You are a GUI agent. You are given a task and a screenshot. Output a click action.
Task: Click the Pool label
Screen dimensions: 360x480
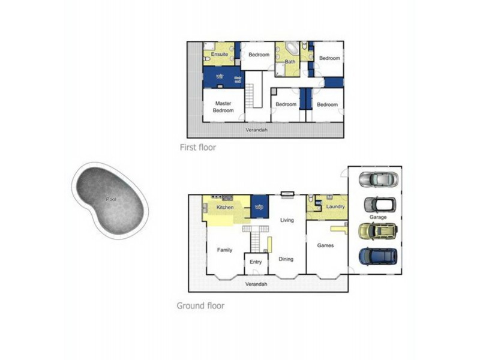coord(111,199)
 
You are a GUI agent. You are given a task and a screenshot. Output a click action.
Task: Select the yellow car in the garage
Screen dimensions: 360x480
coord(377,230)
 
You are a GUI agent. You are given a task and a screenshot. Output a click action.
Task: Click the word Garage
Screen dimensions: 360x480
coord(378,217)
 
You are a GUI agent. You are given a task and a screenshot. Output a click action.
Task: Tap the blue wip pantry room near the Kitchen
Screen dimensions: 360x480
coord(259,206)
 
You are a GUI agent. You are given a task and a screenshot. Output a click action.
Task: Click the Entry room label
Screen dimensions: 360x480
coord(256,262)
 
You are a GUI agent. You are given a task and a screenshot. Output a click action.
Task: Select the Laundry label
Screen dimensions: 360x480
coord(335,207)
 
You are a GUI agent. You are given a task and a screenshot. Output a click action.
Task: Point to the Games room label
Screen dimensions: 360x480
coord(325,245)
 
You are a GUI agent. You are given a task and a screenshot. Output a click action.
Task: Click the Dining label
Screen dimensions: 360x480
coord(286,259)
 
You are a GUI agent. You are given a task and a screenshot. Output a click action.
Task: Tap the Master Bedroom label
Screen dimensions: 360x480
coord(224,107)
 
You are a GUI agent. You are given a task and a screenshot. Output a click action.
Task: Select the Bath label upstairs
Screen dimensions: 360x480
coord(290,61)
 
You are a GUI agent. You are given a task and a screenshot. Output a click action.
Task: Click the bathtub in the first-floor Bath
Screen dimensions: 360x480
coord(291,49)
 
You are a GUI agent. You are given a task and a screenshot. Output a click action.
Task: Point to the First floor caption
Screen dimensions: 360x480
coord(197,147)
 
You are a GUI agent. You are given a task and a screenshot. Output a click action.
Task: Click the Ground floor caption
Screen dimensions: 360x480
coord(200,305)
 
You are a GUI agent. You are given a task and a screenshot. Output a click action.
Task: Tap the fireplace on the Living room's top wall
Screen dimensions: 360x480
coord(287,194)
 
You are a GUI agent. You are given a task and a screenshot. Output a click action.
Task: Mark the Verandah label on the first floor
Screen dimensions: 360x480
coord(257,130)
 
